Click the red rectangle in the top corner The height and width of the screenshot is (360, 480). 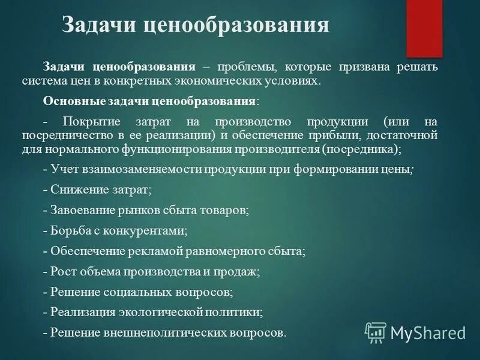pyautogui.click(x=424, y=27)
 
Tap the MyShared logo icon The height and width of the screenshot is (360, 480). pyautogui.click(x=376, y=332)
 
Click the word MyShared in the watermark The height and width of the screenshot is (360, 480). pyautogui.click(x=428, y=333)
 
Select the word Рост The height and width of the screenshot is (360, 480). pyautogui.click(x=62, y=272)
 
